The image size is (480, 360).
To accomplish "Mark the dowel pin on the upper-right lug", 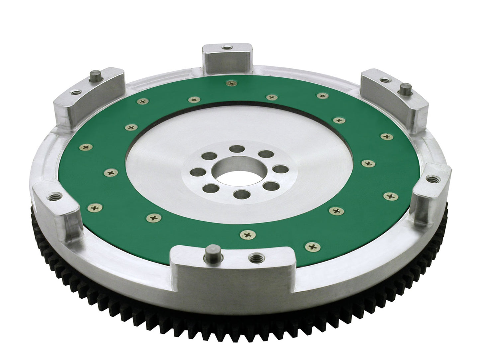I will (405, 89).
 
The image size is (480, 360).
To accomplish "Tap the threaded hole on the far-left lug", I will (53, 197).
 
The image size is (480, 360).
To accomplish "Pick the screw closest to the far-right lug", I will (387, 197).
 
